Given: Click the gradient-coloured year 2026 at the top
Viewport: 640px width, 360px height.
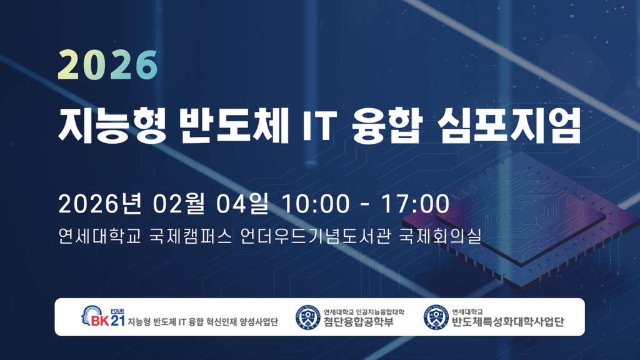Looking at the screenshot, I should pos(107,63).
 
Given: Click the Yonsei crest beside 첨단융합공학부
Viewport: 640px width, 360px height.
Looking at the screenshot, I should pos(307,317).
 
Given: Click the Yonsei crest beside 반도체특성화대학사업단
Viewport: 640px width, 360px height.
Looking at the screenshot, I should pos(436,317).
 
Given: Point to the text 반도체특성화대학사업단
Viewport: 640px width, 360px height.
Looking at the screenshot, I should pos(507,322).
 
